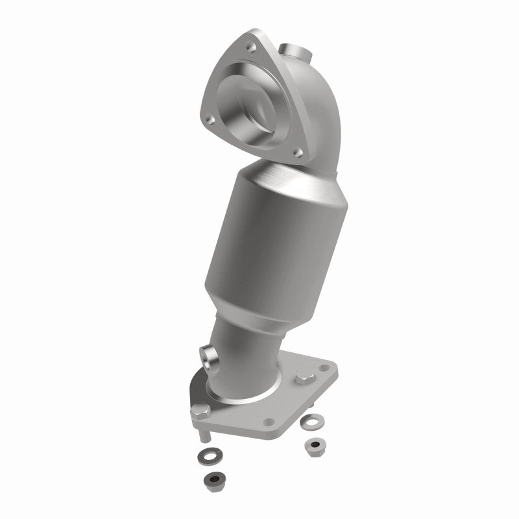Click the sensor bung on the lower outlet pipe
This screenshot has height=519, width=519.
click(209, 354)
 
